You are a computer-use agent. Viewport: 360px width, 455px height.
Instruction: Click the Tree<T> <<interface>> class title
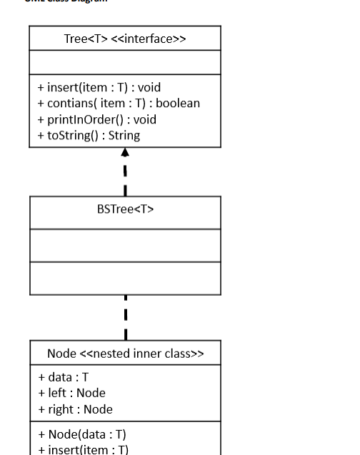click(x=125, y=39)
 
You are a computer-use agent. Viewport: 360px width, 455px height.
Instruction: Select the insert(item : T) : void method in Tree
click(x=99, y=88)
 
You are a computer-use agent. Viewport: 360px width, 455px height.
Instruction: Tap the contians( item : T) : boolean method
click(x=119, y=104)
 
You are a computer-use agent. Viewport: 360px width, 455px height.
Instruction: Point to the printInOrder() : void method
click(x=96, y=119)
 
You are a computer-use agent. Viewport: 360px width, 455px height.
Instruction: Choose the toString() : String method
click(x=89, y=135)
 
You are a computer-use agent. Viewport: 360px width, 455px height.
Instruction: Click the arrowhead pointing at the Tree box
click(x=125, y=152)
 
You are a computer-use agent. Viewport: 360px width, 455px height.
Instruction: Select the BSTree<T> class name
click(x=125, y=209)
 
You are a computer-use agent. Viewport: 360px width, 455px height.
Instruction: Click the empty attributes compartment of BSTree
click(x=125, y=245)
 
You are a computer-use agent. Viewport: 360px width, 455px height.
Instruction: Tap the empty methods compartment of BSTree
click(x=125, y=278)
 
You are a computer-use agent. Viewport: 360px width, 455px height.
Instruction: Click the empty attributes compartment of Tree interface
click(x=125, y=62)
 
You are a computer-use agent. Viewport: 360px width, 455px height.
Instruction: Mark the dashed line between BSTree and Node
click(x=126, y=317)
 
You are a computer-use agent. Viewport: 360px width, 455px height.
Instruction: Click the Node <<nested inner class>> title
click(x=125, y=354)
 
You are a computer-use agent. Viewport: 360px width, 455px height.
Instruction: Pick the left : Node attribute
click(x=71, y=393)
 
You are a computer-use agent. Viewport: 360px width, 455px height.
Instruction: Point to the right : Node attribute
click(x=75, y=409)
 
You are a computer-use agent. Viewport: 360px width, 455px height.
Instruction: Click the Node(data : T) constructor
click(x=82, y=434)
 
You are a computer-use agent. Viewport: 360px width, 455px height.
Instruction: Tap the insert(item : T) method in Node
click(x=83, y=449)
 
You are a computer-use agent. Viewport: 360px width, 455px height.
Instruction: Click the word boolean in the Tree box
click(x=178, y=104)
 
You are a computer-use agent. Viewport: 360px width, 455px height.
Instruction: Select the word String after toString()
click(x=124, y=135)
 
